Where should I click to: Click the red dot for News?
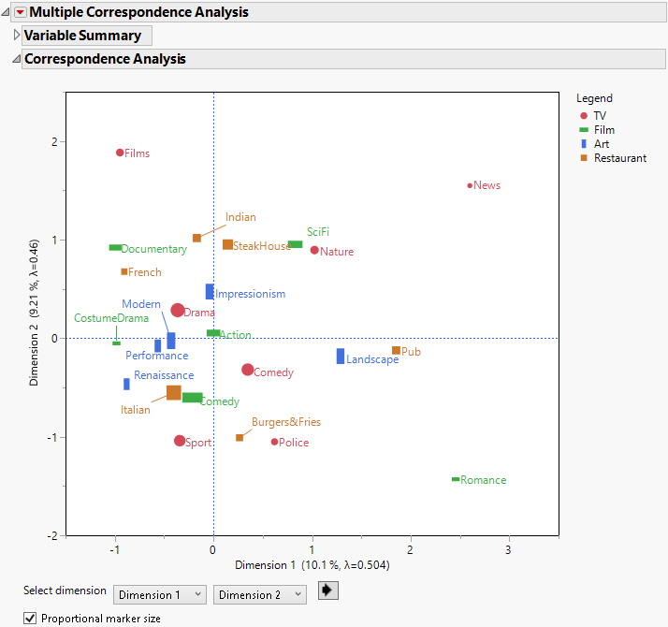(x=470, y=185)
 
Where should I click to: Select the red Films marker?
(x=120, y=153)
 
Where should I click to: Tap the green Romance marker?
(x=456, y=479)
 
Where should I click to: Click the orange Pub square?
(x=396, y=351)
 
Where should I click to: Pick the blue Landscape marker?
(x=341, y=356)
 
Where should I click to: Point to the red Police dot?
(x=274, y=442)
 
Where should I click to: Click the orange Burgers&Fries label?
(x=285, y=422)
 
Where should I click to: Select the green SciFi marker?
(x=295, y=244)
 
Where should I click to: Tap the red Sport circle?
(x=180, y=441)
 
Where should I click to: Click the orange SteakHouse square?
(x=227, y=244)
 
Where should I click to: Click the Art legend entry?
(x=601, y=144)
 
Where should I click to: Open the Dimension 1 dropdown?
(x=159, y=594)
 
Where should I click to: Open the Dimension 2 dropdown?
(x=259, y=594)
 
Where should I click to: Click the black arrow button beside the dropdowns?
(x=327, y=591)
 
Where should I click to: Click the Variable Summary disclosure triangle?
(x=16, y=36)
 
